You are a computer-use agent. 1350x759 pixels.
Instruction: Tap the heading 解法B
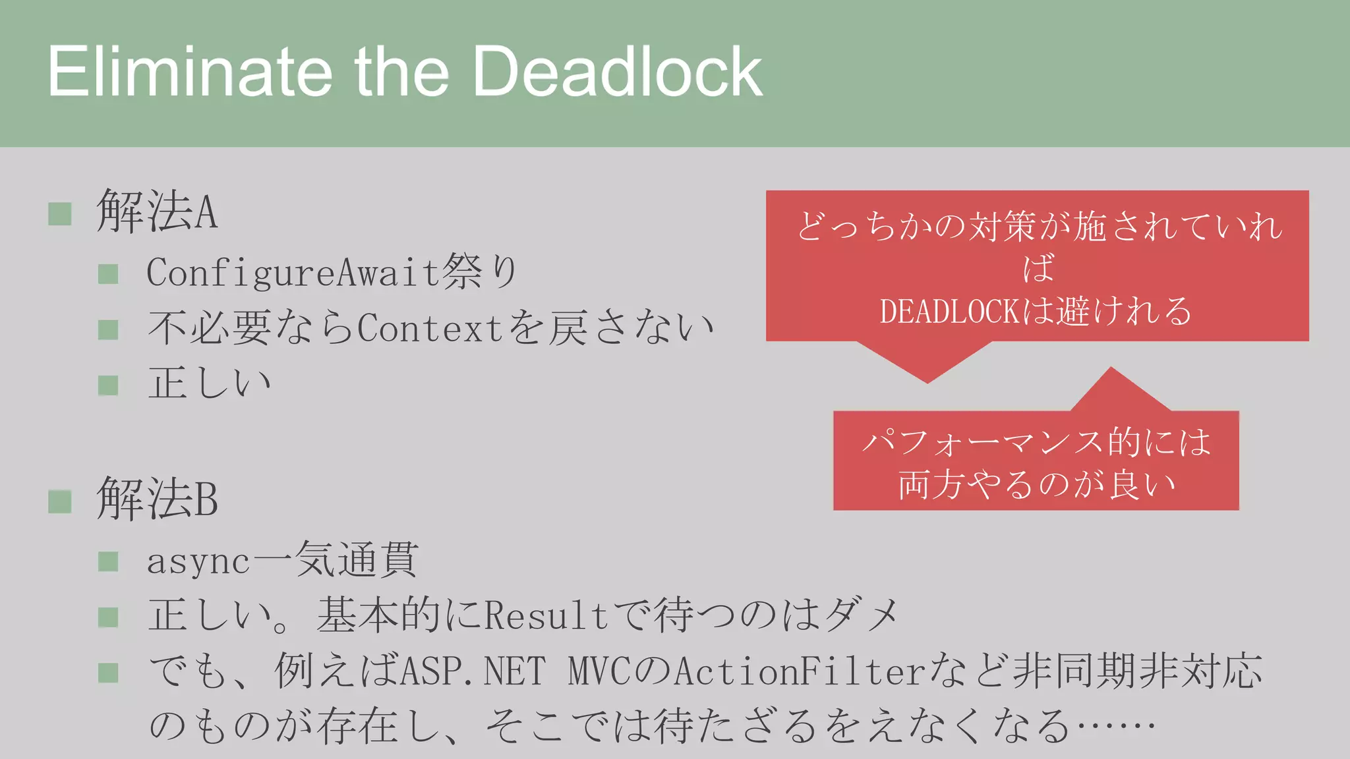point(157,499)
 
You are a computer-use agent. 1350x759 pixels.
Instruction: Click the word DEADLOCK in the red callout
point(949,312)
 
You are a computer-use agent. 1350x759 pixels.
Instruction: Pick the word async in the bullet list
point(198,562)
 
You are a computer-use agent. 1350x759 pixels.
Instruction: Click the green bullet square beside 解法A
point(60,213)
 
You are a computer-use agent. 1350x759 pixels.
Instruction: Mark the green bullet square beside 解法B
point(60,501)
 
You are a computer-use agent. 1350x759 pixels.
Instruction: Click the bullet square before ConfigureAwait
point(108,273)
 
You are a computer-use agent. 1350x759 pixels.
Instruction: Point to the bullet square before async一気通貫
point(108,562)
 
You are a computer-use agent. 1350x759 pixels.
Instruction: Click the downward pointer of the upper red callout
point(926,362)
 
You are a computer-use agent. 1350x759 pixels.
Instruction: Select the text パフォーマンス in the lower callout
point(982,441)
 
